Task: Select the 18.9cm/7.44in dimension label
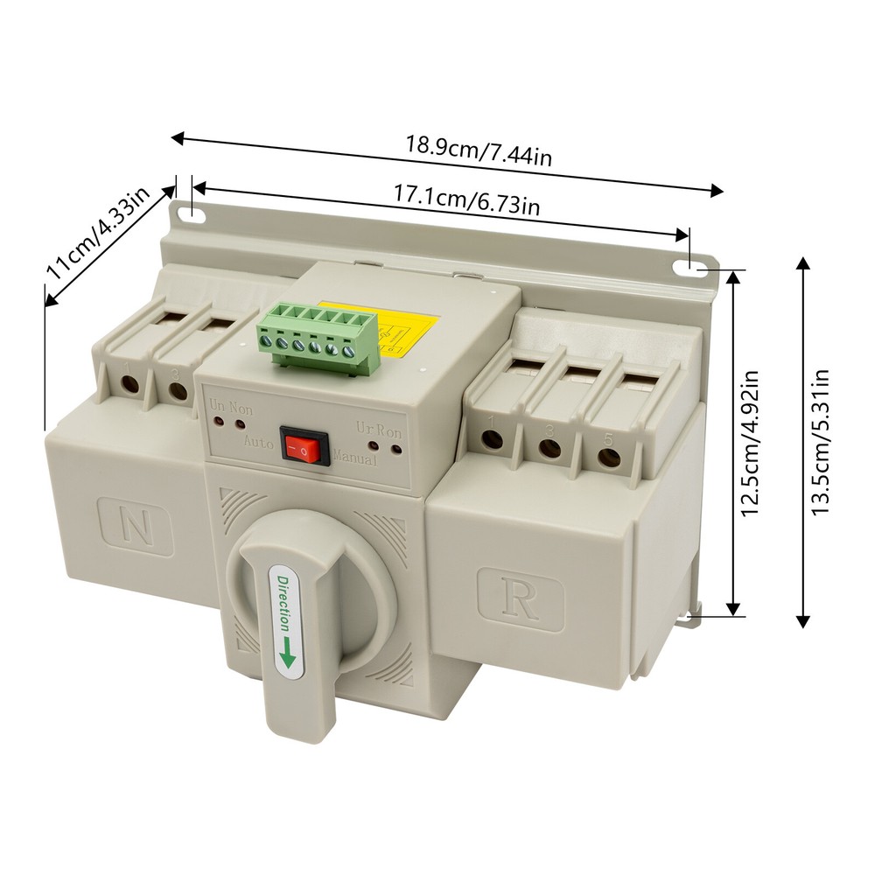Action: click(478, 150)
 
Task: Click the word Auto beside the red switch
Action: click(259, 443)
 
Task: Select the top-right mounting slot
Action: click(697, 267)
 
